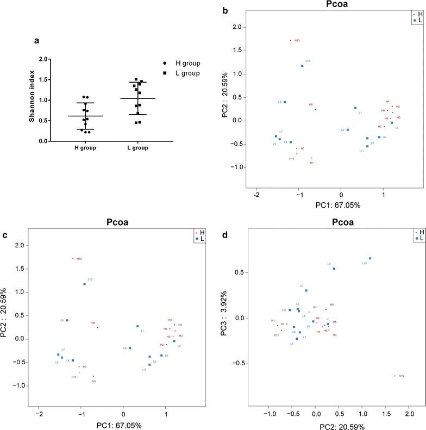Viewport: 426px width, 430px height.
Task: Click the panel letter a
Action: point(36,40)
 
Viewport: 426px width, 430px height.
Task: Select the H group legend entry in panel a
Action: point(184,64)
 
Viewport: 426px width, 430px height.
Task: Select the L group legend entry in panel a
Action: point(184,73)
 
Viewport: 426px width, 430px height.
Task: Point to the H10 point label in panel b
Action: point(297,40)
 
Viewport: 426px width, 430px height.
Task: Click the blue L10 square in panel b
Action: point(302,66)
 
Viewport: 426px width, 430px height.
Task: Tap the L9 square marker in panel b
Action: point(284,102)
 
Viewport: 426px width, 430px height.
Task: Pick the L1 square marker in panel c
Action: point(137,326)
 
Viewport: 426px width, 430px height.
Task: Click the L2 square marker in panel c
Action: point(130,348)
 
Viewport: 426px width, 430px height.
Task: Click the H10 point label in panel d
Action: point(401,376)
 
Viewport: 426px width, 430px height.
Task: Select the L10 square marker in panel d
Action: point(370,259)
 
